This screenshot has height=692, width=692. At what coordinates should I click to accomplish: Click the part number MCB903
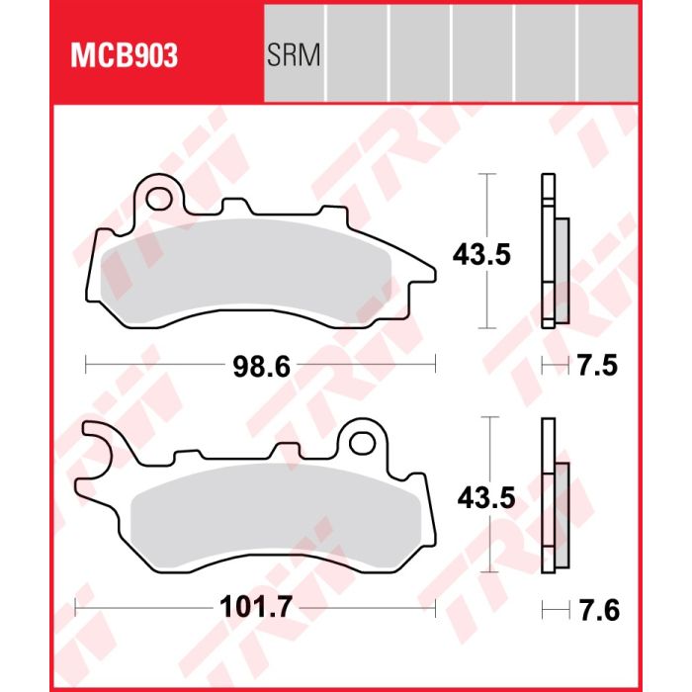click(x=124, y=55)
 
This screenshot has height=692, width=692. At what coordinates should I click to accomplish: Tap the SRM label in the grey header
click(x=294, y=55)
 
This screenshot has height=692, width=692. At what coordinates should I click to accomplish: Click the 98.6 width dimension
click(x=262, y=367)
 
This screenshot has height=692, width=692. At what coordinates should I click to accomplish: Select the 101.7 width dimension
click(x=256, y=607)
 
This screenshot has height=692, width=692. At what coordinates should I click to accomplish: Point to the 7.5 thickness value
click(x=597, y=366)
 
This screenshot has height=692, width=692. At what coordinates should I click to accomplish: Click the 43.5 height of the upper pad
click(x=481, y=255)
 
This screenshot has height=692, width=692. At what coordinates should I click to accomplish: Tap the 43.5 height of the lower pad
click(x=486, y=498)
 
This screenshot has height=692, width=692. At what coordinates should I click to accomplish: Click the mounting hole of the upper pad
click(x=159, y=199)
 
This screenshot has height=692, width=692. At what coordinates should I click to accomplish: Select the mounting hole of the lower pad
click(x=363, y=443)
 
